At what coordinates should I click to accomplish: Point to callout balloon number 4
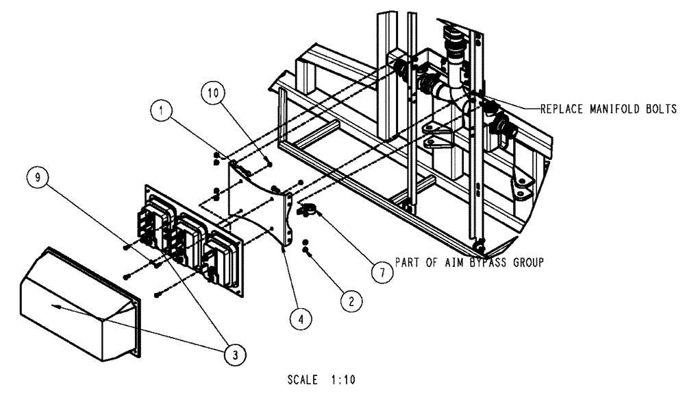coord(299,318)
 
